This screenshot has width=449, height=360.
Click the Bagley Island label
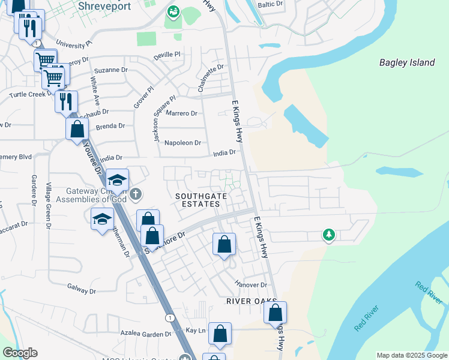[406, 62]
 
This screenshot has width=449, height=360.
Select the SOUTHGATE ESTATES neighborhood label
[197, 200]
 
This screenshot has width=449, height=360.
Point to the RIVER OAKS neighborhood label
[251, 301]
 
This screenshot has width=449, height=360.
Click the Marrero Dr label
[182, 113]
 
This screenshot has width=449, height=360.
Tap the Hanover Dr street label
[251, 284]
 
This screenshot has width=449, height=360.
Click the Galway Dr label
[82, 290]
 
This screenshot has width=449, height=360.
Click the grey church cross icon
[136, 193]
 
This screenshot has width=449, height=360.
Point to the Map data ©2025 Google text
[412, 355]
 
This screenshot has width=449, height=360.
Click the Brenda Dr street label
[110, 126]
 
